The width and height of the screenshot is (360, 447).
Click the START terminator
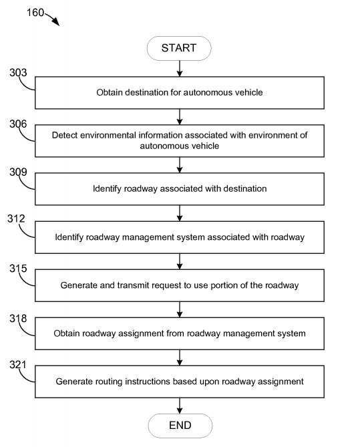179,48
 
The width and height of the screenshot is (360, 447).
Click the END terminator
180,426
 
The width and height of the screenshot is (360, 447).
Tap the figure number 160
35,13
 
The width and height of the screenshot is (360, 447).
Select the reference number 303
18,72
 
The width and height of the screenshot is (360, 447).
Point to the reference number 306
18,124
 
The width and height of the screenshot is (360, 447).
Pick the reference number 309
18,172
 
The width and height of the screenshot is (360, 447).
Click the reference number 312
16,218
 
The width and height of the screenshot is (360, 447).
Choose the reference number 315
18,268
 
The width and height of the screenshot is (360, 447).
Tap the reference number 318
18,318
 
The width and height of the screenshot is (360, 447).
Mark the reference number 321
17,365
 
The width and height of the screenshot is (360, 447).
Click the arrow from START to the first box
180,68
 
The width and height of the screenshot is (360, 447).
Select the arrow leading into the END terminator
180,406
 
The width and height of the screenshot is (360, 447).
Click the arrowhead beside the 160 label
56,22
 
